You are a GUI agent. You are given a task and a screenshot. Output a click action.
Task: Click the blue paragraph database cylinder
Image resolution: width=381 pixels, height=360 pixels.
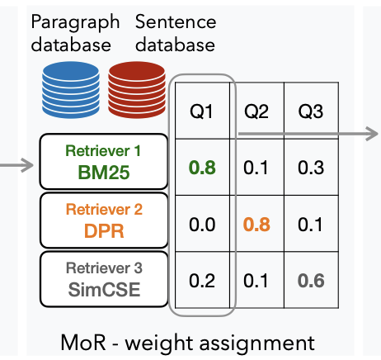pyautogui.click(x=71, y=90)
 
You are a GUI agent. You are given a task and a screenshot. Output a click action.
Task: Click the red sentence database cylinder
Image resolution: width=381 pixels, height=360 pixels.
pyautogui.click(x=137, y=90)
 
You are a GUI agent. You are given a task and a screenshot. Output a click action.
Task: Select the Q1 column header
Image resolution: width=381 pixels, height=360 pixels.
pyautogui.click(x=201, y=111)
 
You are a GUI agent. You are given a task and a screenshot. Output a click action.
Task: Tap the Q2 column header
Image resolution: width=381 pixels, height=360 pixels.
pyautogui.click(x=256, y=111)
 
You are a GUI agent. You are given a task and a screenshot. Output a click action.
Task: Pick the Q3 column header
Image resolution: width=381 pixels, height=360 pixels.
pyautogui.click(x=311, y=111)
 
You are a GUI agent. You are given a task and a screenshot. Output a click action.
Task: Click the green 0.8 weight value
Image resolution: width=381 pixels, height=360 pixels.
pyautogui.click(x=202, y=168)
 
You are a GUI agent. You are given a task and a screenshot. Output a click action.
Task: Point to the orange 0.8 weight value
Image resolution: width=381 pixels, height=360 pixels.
pyautogui.click(x=256, y=225)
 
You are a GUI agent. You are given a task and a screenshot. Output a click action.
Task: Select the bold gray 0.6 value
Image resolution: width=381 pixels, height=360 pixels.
pyautogui.click(x=311, y=281)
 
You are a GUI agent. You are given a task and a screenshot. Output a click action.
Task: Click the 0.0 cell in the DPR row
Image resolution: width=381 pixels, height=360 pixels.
pyautogui.click(x=202, y=225)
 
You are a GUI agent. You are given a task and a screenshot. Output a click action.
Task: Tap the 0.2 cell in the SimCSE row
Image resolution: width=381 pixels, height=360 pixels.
pyautogui.click(x=202, y=281)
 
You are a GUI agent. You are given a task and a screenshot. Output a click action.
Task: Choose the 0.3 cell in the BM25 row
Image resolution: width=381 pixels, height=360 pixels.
pyautogui.click(x=311, y=168)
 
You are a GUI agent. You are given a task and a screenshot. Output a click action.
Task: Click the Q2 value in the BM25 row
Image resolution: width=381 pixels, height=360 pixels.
pyautogui.click(x=256, y=168)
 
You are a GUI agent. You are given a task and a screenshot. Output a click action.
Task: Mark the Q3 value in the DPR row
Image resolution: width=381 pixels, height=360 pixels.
pyautogui.click(x=310, y=225)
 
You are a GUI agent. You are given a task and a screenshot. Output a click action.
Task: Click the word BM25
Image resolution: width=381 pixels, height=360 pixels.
pyautogui.click(x=104, y=173)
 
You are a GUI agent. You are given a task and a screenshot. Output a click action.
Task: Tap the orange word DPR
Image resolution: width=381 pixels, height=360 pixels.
pyautogui.click(x=104, y=230)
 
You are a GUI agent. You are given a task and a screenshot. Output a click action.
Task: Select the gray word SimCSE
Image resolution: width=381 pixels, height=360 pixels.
pyautogui.click(x=104, y=290)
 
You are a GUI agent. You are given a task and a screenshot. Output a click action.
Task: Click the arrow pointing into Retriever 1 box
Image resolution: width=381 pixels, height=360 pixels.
pyautogui.click(x=16, y=165)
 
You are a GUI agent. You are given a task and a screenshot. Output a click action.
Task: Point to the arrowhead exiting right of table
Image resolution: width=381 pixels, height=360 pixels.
pyautogui.click(x=372, y=134)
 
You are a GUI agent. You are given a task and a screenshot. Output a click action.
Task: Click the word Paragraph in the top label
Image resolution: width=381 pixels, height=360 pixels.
pyautogui.click(x=75, y=23)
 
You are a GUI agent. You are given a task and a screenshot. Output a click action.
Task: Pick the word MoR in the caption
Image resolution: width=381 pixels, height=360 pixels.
pyautogui.click(x=83, y=343)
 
